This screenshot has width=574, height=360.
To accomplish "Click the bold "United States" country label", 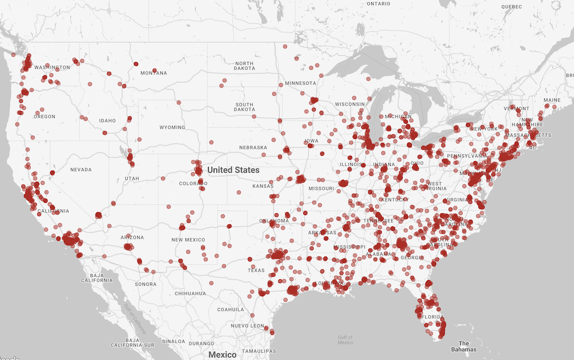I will (x=233, y=170).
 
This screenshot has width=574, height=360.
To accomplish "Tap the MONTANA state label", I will (x=154, y=73).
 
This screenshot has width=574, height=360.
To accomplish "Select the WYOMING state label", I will (x=172, y=128).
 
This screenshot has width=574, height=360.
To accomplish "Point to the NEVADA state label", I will (x=81, y=169).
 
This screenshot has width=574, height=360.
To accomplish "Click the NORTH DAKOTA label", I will (x=244, y=66).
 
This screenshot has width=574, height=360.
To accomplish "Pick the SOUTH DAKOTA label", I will (x=244, y=107).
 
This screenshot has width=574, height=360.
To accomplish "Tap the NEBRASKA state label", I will (x=253, y=147).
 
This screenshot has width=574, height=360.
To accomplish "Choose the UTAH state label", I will (x=132, y=178).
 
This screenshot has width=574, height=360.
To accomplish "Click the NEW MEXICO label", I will (x=188, y=240).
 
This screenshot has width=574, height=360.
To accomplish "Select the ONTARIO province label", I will (x=378, y=4).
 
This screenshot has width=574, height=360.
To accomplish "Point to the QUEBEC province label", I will (x=511, y=7).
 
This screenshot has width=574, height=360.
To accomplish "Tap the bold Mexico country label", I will (x=222, y=355).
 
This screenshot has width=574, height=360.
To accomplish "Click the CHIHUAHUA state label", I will (x=190, y=293).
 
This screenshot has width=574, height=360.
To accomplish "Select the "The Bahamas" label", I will (x=464, y=346).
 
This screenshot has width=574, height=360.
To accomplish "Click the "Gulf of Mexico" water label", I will (x=345, y=340).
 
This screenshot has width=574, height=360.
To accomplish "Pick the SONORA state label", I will (x=145, y=284).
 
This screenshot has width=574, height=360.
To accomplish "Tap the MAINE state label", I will (x=552, y=100).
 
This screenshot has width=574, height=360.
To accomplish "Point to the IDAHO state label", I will (x=107, y=120).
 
